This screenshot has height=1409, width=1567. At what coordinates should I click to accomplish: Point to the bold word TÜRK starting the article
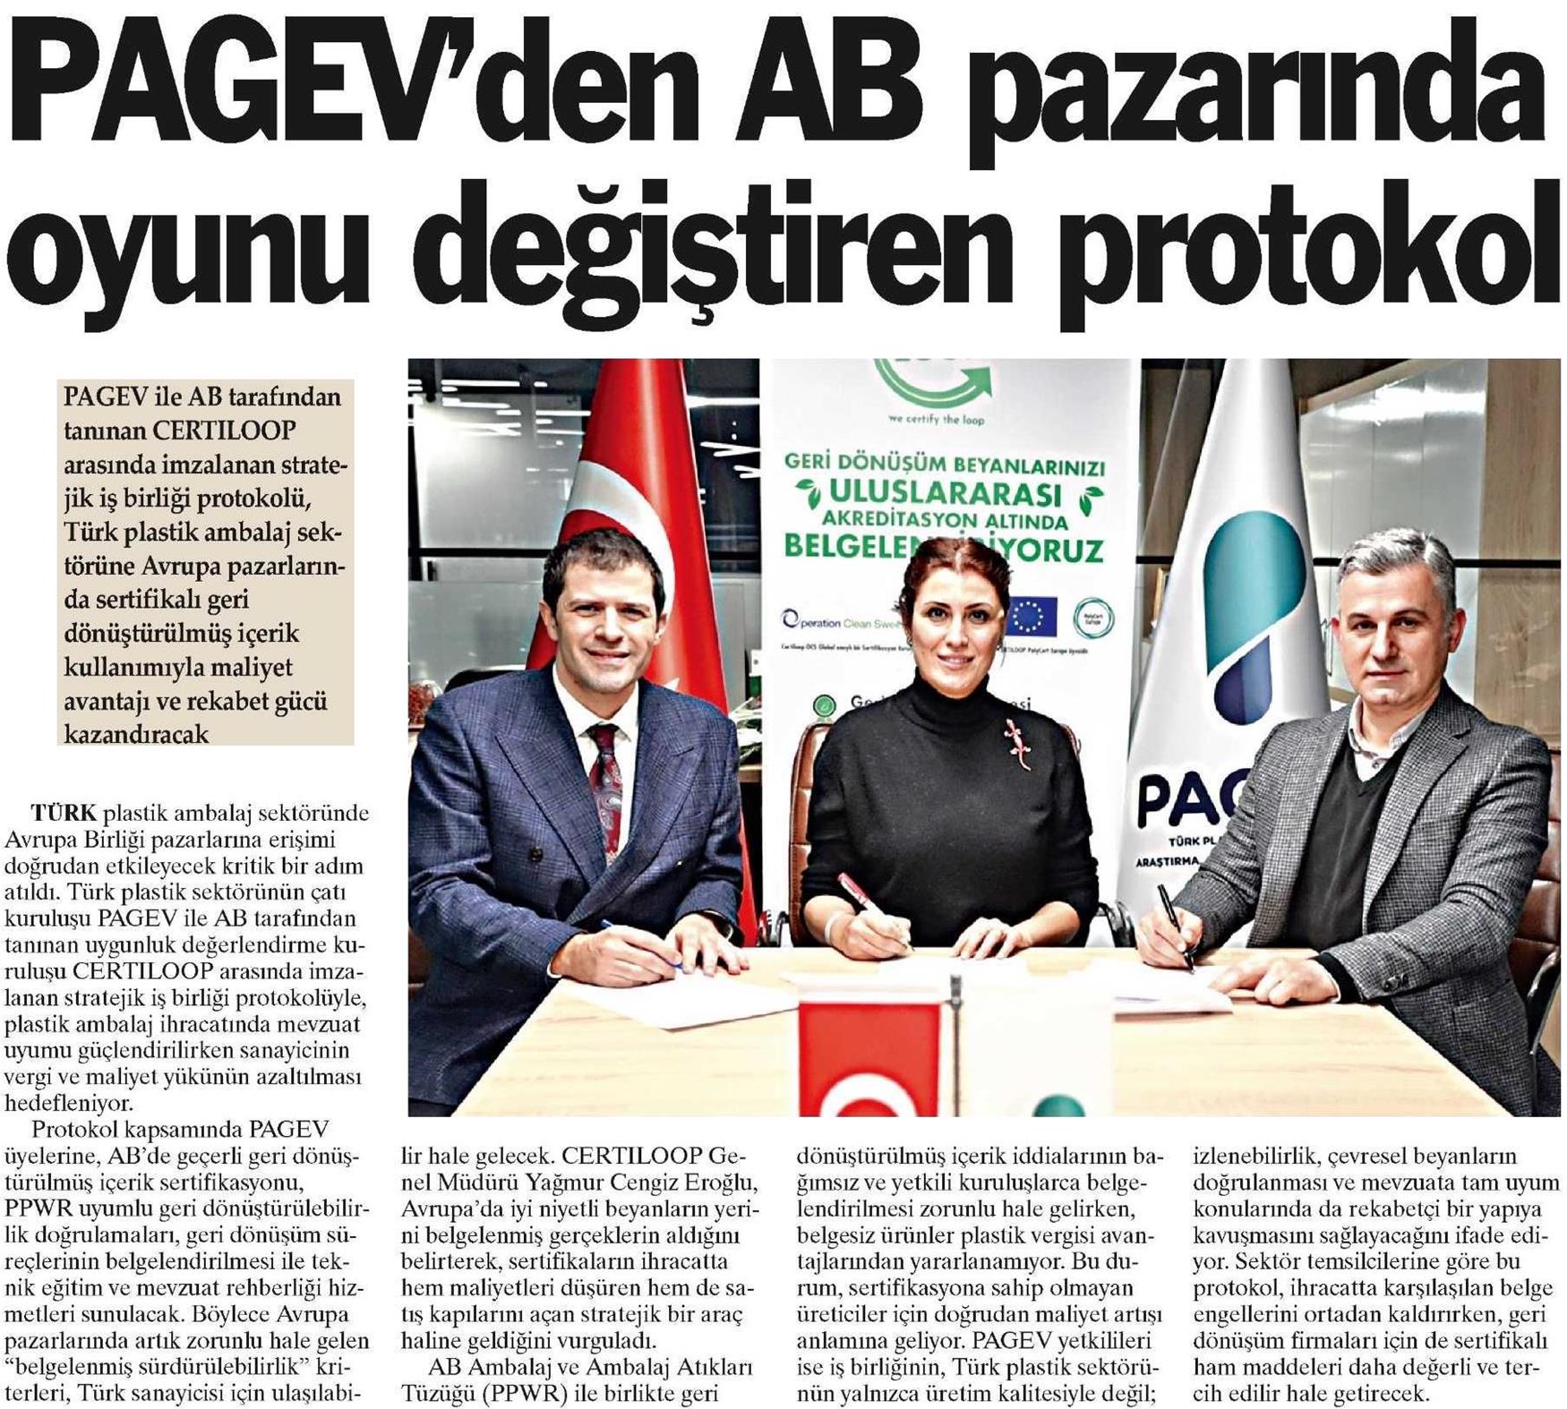click(x=64, y=814)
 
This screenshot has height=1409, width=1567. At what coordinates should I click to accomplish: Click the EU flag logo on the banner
click(x=1031, y=617)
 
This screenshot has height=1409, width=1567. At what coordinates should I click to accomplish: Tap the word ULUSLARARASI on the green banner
click(x=946, y=494)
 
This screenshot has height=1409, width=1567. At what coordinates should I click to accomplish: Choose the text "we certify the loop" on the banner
click(x=935, y=419)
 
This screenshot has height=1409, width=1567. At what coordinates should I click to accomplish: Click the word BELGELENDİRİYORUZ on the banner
click(x=944, y=547)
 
